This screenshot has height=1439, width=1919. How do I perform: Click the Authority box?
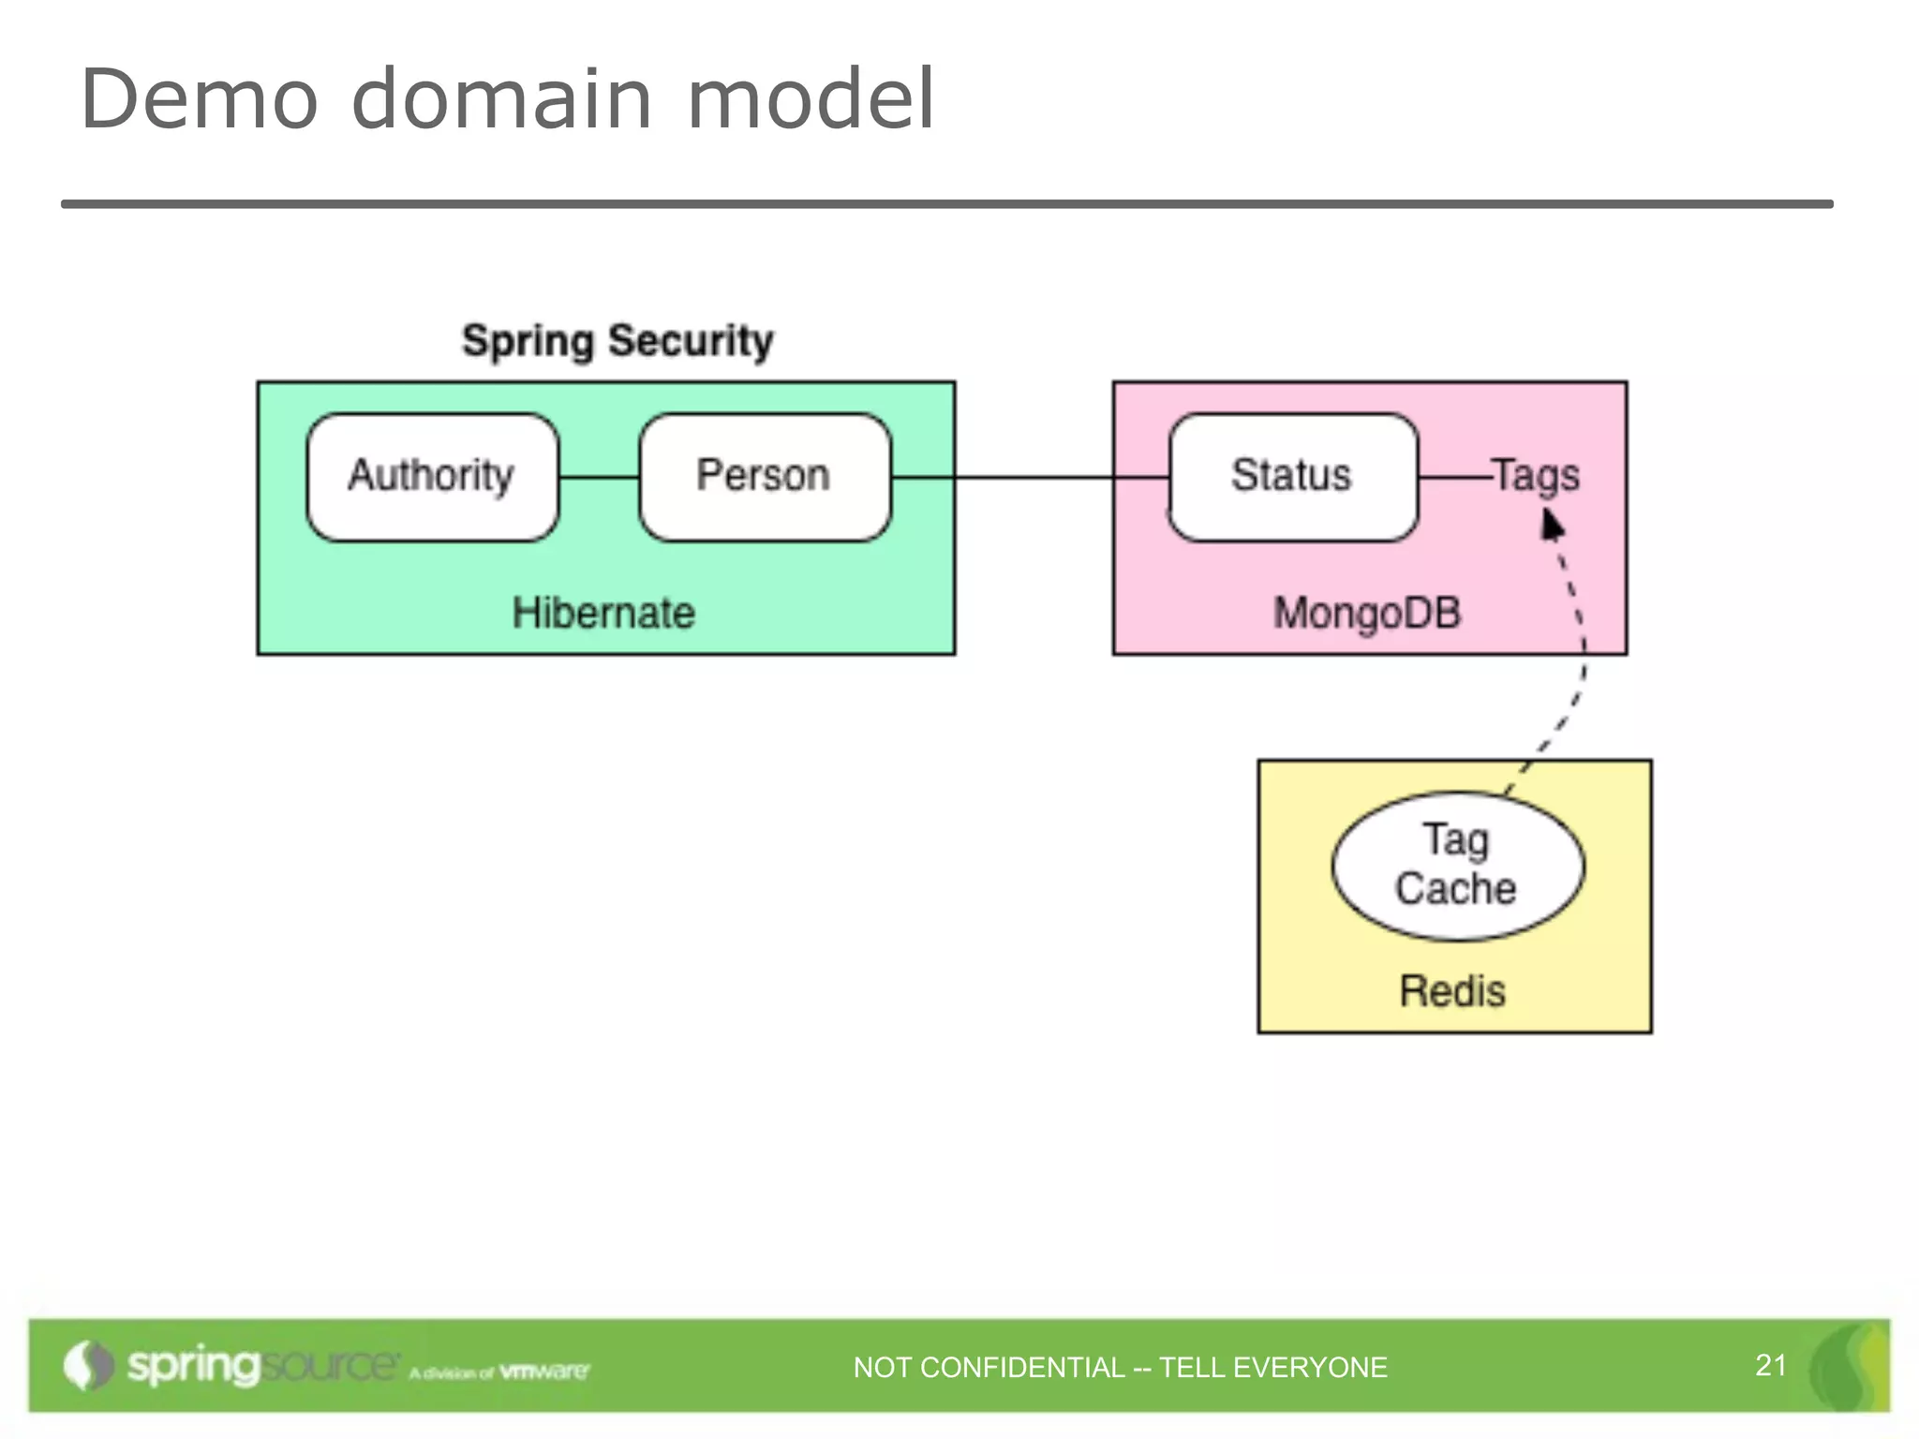click(432, 476)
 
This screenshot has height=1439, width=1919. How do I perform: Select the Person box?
click(764, 476)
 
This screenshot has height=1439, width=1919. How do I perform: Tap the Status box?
click(1292, 476)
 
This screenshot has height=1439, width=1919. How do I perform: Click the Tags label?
click(1537, 476)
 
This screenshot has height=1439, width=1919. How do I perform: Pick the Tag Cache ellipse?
click(1457, 866)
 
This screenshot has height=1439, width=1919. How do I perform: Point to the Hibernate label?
click(603, 614)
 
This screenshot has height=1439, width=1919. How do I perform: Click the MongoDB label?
click(1367, 614)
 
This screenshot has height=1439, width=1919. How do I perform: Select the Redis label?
click(1452, 991)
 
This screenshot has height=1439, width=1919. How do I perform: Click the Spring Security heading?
click(617, 341)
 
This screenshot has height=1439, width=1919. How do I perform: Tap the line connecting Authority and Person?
click(599, 478)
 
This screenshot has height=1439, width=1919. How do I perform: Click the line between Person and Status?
click(1031, 478)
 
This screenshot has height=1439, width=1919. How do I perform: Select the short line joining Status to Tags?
click(1454, 478)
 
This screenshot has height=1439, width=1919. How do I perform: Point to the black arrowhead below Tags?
click(1552, 525)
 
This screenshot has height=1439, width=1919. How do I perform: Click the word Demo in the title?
click(200, 99)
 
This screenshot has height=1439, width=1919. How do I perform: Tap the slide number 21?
click(1770, 1365)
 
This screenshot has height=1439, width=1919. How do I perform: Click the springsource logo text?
click(262, 1365)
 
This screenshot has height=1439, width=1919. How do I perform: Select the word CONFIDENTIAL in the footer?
click(1022, 1368)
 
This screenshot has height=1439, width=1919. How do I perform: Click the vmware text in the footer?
click(543, 1372)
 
